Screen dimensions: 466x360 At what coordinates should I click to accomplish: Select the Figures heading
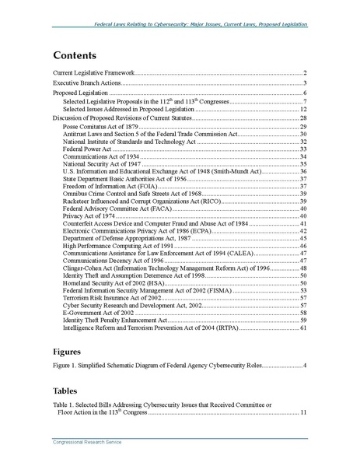(71, 352)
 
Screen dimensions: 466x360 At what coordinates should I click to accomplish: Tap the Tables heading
(68, 391)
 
